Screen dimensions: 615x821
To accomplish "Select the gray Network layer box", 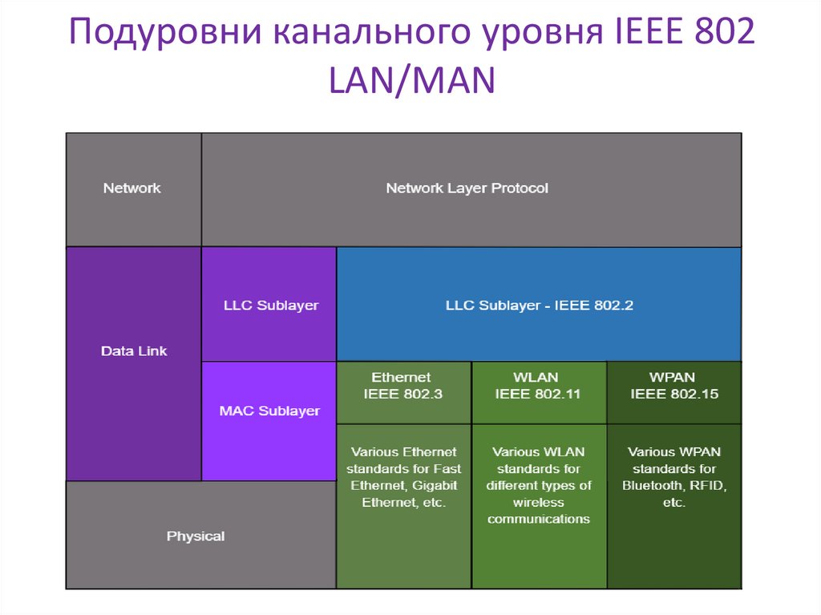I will tap(132, 188).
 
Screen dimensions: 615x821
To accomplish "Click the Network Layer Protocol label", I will tap(467, 188).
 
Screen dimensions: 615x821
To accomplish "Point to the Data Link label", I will tap(134, 351).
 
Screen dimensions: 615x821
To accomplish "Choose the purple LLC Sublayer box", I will tap(269, 305).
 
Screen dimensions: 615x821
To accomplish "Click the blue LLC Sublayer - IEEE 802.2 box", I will tap(539, 305).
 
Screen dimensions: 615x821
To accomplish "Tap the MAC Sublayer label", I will tap(269, 411).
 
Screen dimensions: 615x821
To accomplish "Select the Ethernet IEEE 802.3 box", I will tap(402, 386).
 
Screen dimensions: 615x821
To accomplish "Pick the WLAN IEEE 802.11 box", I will tap(538, 386).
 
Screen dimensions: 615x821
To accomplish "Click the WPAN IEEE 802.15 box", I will tap(673, 386).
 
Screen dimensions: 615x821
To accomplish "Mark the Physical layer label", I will tap(196, 536).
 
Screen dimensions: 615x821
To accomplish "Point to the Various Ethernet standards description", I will tap(403, 478).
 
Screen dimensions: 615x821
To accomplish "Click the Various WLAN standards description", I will tap(538, 486).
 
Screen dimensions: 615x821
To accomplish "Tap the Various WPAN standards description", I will tap(673, 478).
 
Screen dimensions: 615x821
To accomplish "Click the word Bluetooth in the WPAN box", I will tap(651, 486).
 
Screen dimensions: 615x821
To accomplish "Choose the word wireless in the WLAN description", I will tap(539, 503).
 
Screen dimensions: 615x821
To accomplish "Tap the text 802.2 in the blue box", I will tap(614, 305).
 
